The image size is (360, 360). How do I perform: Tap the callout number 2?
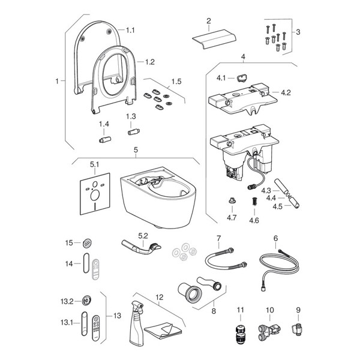[208, 22]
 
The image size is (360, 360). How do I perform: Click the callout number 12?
[159, 296]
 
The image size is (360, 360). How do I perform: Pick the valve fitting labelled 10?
[268, 332]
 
